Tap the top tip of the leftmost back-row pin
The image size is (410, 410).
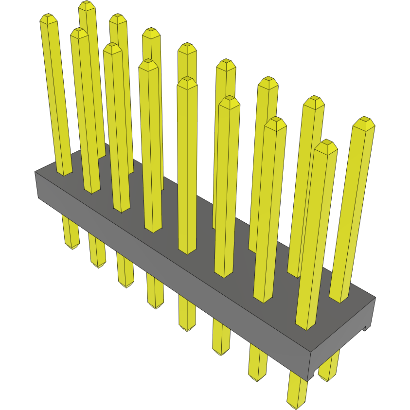point(87,5)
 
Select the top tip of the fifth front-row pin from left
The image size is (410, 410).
point(187,82)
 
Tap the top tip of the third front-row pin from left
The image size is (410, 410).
point(112,48)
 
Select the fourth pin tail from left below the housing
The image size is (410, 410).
point(156,303)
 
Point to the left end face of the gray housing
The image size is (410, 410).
point(37,185)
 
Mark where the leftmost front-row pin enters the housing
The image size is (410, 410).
point(65,173)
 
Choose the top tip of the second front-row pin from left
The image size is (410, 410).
point(79,33)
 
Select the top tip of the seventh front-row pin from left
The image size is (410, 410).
point(275,123)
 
